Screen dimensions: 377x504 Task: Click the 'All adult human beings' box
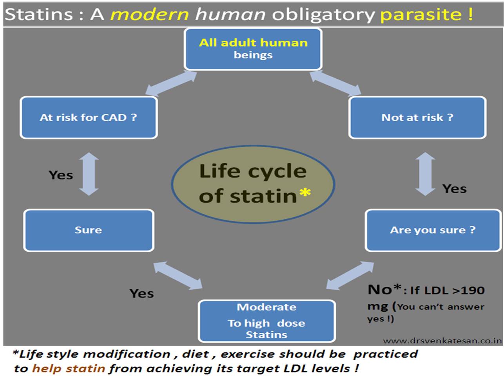(x=253, y=49)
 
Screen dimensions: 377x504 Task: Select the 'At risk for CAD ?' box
(x=89, y=117)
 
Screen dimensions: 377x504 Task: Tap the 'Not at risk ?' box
(x=417, y=117)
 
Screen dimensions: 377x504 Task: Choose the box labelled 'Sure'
(x=89, y=230)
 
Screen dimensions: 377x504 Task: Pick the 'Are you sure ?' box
(x=433, y=230)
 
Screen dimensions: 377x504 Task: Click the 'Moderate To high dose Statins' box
(x=267, y=321)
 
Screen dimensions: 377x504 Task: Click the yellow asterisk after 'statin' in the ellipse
(x=305, y=193)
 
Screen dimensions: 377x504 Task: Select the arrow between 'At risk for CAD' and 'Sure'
(x=89, y=174)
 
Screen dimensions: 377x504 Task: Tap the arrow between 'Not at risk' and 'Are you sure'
(x=425, y=174)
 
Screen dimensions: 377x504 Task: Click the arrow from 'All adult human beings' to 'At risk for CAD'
(x=171, y=83)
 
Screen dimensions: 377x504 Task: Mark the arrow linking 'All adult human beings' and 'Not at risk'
(x=335, y=83)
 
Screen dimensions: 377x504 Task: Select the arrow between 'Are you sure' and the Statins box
(x=350, y=276)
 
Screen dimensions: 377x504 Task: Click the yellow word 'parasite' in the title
(x=421, y=14)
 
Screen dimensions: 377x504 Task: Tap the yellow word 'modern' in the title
(x=150, y=14)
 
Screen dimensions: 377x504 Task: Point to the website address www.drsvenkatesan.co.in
(x=442, y=341)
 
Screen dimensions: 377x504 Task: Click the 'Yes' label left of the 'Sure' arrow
(x=61, y=175)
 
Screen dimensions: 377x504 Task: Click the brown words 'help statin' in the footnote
(x=69, y=368)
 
